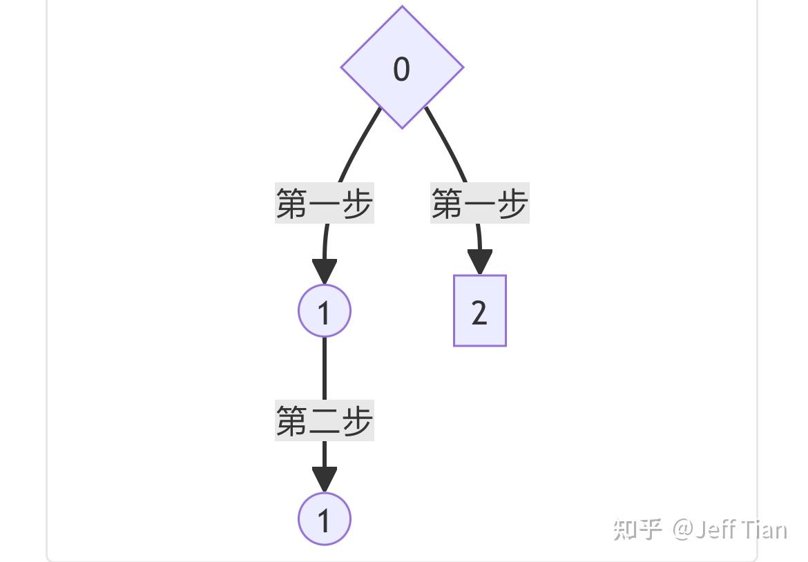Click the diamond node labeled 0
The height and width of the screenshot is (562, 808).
[402, 68]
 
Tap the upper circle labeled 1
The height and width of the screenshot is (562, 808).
[325, 311]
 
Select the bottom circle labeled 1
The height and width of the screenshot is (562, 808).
[325, 519]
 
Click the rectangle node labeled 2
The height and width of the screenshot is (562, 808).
[480, 311]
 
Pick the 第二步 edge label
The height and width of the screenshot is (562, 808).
[325, 420]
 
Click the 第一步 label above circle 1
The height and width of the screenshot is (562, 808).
[325, 204]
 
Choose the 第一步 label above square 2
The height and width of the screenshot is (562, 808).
[480, 204]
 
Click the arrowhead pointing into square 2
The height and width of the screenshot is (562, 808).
[480, 262]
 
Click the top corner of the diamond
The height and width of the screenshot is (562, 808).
[402, 9]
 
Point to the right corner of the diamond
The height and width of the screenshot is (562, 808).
[461, 68]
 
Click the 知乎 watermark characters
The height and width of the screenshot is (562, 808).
[637, 530]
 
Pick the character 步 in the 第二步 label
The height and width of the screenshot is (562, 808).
[356, 420]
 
